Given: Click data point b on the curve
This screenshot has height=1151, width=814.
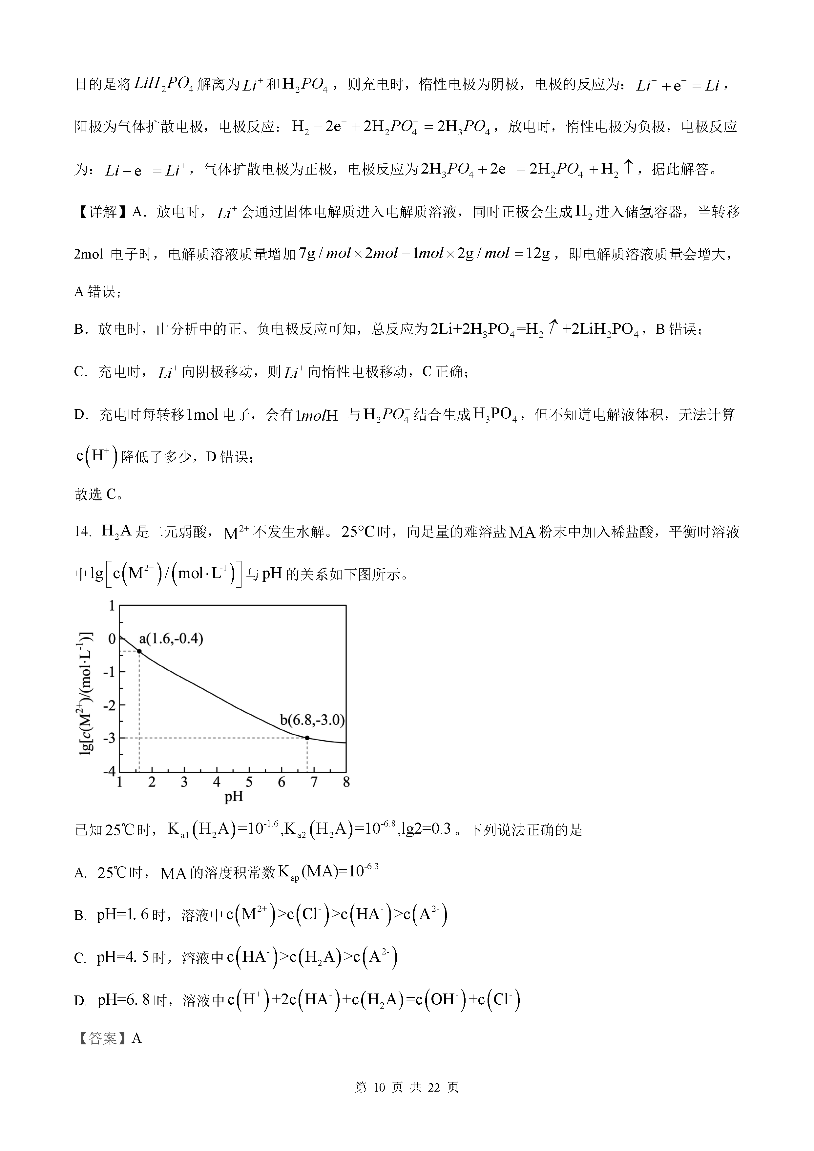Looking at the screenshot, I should [307, 738].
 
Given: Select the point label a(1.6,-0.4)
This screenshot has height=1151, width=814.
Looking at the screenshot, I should [171, 638].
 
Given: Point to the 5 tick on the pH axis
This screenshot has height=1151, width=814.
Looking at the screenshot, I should [249, 782].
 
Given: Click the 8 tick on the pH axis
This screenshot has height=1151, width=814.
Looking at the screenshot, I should [346, 782].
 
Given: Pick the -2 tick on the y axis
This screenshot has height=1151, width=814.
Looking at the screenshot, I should [109, 705].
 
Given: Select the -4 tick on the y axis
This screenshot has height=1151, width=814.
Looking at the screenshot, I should [109, 771].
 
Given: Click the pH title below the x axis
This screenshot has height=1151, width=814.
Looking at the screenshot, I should [234, 797].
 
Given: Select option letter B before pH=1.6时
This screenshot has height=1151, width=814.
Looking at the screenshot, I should [80, 916].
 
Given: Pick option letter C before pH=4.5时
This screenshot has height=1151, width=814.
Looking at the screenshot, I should [80, 958].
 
